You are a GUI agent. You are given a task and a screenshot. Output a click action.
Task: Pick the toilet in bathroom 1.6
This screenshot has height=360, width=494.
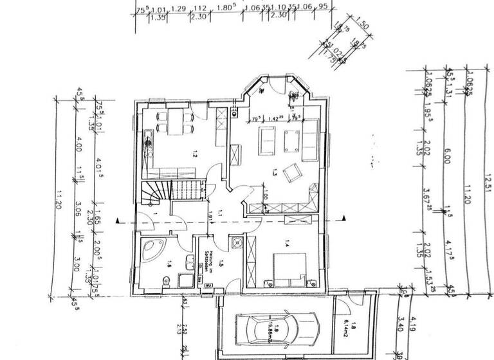click(x=167, y=279)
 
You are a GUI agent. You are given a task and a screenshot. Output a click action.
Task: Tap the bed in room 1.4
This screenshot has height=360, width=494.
click(x=289, y=268)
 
